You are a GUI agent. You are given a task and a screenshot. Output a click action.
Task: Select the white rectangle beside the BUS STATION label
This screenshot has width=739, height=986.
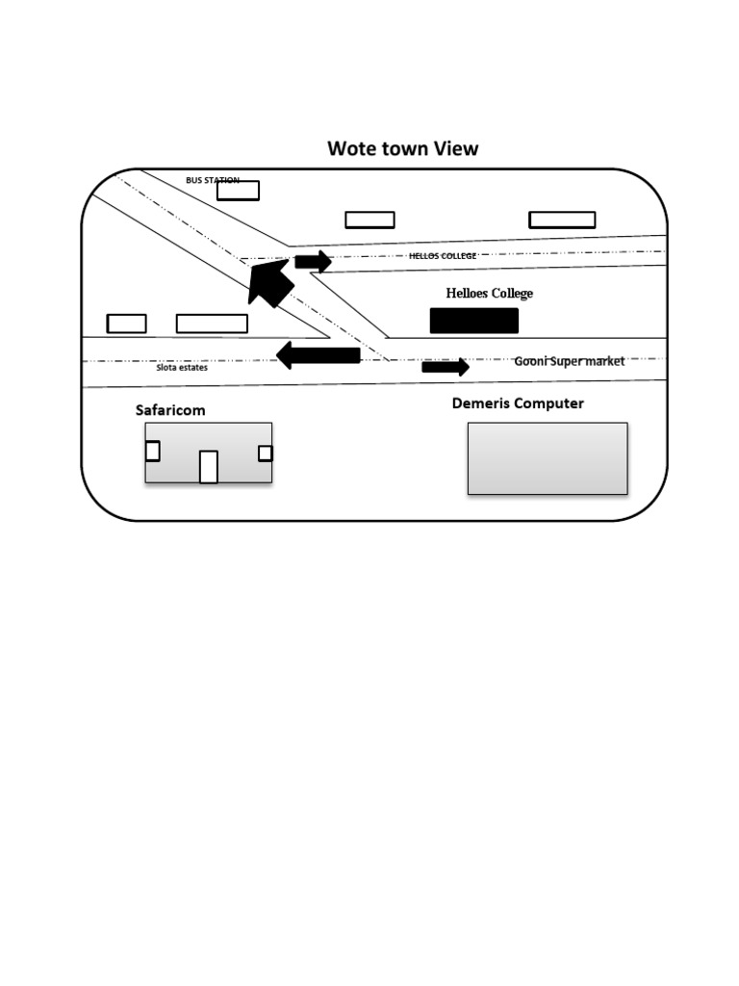tap(238, 191)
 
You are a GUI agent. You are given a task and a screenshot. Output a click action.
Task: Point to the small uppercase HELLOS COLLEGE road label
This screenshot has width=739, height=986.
tap(442, 256)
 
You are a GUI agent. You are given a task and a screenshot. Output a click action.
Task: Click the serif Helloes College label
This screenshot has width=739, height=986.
tap(489, 293)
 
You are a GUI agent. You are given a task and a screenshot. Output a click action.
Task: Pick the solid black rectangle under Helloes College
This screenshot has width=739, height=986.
tap(473, 321)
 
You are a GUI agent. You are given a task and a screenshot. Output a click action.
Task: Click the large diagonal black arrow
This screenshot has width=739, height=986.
tap(268, 280)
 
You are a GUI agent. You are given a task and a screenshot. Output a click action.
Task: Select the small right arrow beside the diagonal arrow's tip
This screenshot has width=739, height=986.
tap(313, 261)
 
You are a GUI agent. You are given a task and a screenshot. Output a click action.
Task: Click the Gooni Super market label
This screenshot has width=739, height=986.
tap(569, 361)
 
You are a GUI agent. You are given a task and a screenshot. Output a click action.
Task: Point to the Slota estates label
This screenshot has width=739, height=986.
tap(182, 367)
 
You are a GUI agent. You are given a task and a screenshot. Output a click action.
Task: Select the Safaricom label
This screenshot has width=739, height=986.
tap(170, 410)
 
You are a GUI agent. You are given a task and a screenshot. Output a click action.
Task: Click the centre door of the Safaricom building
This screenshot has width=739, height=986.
tap(208, 466)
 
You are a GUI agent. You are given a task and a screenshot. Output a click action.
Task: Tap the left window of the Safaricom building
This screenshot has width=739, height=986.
tap(152, 451)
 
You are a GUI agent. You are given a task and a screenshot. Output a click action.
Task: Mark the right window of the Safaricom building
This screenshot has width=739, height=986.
tap(265, 453)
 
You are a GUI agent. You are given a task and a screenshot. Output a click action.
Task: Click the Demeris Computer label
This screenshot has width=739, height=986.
tap(518, 403)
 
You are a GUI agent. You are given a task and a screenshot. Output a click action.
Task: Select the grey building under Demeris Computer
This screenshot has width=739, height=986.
tap(547, 458)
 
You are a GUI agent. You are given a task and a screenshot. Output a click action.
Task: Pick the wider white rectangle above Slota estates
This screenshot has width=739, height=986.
tap(212, 324)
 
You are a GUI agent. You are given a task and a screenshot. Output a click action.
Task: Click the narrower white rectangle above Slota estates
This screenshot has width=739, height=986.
tap(126, 324)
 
